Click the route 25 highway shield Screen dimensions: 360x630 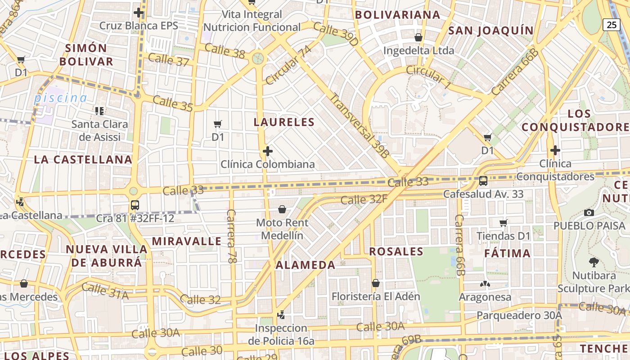click(612, 24)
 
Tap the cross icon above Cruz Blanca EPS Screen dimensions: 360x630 click(139, 13)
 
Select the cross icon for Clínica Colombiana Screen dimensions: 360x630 click(268, 151)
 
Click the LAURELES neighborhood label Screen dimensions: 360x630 click(284, 122)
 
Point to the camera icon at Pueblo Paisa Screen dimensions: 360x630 click(589, 212)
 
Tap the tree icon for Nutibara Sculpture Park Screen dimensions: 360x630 click(594, 262)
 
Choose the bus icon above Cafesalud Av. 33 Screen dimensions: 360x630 click(483, 181)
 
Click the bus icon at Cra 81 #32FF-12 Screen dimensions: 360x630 click(135, 205)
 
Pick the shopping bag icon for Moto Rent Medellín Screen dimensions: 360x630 click(282, 209)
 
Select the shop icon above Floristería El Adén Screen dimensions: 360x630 click(375, 283)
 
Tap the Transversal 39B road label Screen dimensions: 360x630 click(360, 125)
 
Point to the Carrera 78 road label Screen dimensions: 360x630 click(232, 236)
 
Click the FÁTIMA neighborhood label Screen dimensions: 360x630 click(507, 253)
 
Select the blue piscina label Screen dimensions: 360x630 click(61, 98)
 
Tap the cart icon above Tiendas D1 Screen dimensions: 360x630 click(504, 223)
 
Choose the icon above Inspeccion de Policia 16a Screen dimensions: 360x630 click(281, 315)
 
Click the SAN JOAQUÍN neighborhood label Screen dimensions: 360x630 click(491, 31)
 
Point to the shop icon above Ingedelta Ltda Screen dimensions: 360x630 click(418, 37)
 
